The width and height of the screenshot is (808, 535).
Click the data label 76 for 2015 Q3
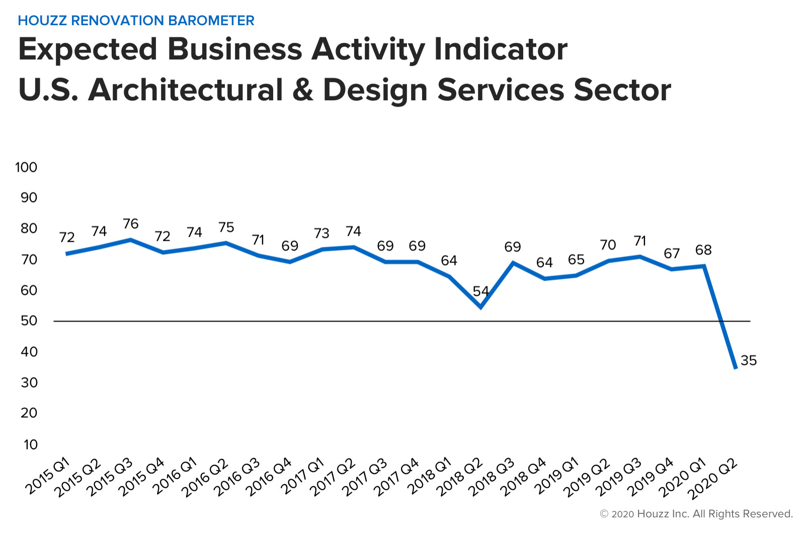point(131,224)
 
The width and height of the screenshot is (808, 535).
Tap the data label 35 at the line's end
point(749,360)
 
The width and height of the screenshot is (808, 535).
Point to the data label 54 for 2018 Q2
point(481,291)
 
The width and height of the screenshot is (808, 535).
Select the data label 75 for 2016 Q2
point(226,227)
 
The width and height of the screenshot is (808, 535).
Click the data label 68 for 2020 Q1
point(703,250)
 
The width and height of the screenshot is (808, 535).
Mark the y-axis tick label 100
point(26,167)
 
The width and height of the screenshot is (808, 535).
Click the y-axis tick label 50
point(29,321)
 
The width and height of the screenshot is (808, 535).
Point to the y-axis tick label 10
point(31,444)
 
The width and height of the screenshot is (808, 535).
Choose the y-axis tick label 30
point(29,382)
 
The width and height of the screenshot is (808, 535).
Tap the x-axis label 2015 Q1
point(48,476)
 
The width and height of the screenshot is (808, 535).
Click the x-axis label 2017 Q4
point(396,478)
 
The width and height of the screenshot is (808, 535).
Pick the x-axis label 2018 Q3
point(492,478)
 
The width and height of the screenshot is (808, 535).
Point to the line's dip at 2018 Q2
point(481,307)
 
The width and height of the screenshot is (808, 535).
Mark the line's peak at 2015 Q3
point(131,239)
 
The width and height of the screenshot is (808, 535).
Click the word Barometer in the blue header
point(211,21)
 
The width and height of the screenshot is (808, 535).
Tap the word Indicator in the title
point(501,49)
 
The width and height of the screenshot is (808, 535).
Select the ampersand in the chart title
point(303,90)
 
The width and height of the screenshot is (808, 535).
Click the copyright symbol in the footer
point(604,514)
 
